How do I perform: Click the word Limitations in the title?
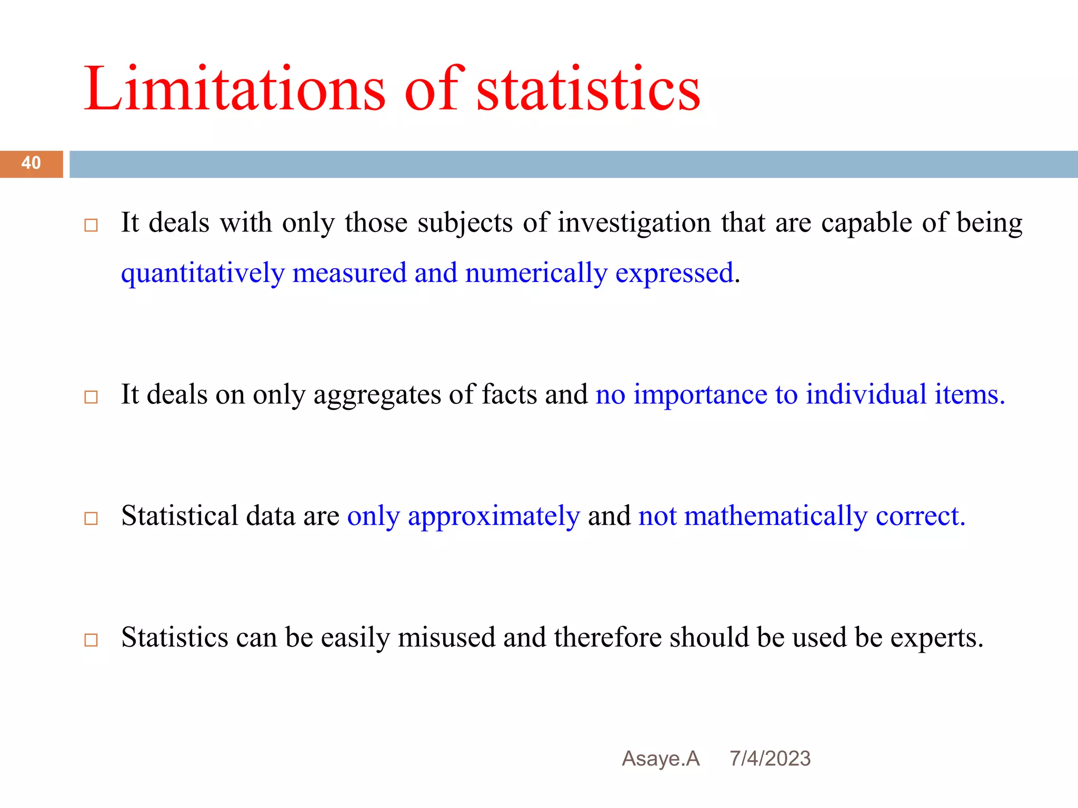click(x=234, y=89)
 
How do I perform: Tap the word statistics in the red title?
click(x=588, y=89)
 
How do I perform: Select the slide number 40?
click(x=31, y=163)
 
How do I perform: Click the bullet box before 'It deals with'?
click(x=91, y=226)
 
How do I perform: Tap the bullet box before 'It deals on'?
click(x=91, y=397)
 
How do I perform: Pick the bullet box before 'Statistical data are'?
click(x=91, y=519)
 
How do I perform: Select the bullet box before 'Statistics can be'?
click(x=91, y=640)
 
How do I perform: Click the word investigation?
click(x=634, y=223)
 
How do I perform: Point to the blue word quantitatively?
click(x=203, y=274)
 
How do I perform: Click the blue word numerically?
click(x=536, y=274)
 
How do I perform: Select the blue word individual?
click(x=866, y=395)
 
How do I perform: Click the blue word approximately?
click(x=494, y=517)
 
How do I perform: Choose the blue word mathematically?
click(x=775, y=517)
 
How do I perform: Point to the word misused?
click(x=446, y=638)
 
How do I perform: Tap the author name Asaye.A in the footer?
click(x=661, y=759)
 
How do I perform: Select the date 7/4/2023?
click(x=770, y=759)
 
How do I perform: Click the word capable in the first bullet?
click(x=866, y=223)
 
